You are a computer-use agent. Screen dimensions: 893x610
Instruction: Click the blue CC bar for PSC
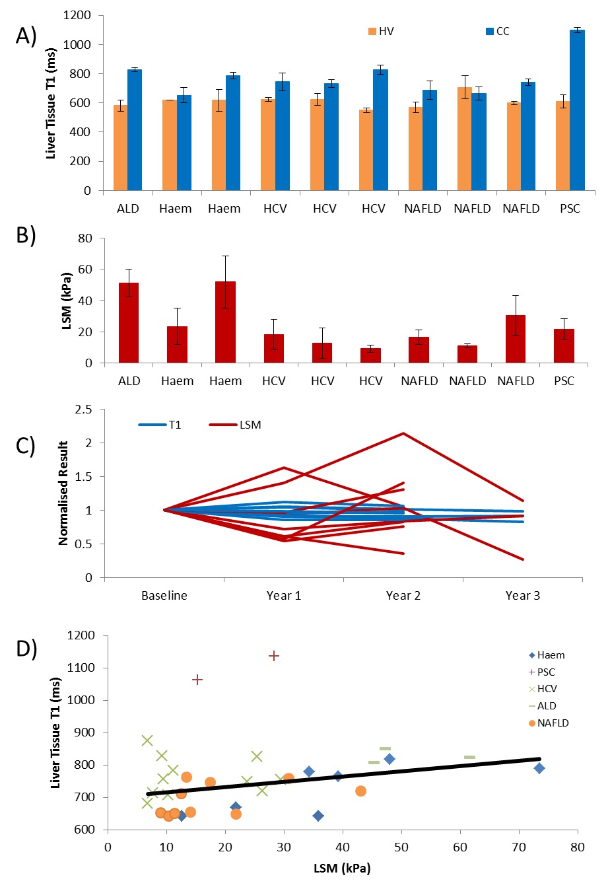pyautogui.click(x=578, y=110)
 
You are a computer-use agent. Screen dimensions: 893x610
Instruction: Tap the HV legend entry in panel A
pyautogui.click(x=381, y=32)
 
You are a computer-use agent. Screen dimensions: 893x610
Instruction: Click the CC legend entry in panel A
pyautogui.click(x=498, y=32)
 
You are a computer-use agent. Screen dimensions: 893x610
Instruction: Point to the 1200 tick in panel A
pyautogui.click(x=77, y=15)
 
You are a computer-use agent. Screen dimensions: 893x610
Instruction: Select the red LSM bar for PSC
pyautogui.click(x=564, y=345)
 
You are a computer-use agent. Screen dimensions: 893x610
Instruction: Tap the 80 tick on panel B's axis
pyautogui.click(x=85, y=238)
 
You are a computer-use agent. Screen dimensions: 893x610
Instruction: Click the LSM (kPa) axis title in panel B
pyautogui.click(x=67, y=301)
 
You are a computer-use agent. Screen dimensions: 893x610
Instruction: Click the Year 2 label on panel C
pyautogui.click(x=403, y=596)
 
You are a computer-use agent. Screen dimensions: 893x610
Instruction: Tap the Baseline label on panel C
pyautogui.click(x=164, y=596)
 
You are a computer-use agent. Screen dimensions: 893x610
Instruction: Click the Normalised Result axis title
pyautogui.click(x=63, y=493)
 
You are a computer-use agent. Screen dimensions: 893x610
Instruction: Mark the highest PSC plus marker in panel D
pyautogui.click(x=274, y=656)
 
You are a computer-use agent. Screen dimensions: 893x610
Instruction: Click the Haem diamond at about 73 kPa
pyautogui.click(x=539, y=768)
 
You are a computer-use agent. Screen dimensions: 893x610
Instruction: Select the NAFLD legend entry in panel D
pyautogui.click(x=548, y=723)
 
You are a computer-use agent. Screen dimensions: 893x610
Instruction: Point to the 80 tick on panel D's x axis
pyautogui.click(x=578, y=847)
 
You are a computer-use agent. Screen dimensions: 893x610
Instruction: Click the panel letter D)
pyautogui.click(x=26, y=649)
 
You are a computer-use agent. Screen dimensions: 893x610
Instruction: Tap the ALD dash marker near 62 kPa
pyautogui.click(x=469, y=758)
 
